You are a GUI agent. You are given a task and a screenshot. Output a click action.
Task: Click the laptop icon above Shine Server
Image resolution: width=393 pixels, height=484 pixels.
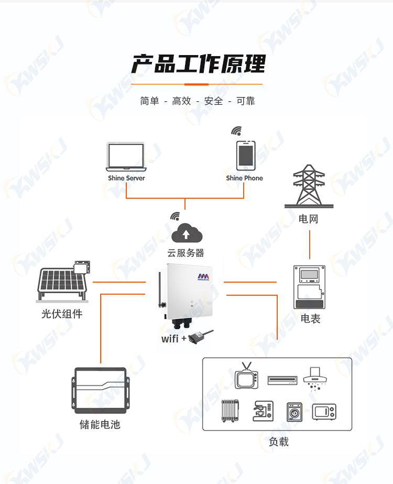126,157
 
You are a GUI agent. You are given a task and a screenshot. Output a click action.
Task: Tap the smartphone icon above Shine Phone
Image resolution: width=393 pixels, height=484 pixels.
246,156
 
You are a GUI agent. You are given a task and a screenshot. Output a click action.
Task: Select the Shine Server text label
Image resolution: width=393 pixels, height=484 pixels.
126,178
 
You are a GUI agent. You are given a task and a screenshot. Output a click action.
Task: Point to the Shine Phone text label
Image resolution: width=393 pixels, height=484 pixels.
244,178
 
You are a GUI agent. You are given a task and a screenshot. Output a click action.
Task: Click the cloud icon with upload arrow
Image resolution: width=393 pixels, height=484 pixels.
187,233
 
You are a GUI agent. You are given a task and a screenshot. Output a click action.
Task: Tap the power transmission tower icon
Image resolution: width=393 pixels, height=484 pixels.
309,186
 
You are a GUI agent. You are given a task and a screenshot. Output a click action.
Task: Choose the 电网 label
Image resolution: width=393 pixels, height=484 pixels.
308,219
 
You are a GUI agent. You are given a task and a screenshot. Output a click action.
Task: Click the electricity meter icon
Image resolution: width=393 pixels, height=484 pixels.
309,287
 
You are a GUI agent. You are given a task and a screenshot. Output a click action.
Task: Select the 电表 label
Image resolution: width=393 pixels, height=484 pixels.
310,318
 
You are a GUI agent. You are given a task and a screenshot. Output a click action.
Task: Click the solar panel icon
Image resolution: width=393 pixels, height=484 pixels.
63,281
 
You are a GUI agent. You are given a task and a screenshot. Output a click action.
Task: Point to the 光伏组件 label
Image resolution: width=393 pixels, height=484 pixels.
62,314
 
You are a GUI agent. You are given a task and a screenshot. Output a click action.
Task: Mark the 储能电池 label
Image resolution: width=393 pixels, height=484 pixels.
100,424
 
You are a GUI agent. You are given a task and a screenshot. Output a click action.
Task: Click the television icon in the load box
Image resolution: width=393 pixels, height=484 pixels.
246,376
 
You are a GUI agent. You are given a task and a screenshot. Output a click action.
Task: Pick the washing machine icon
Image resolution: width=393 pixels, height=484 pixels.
294,412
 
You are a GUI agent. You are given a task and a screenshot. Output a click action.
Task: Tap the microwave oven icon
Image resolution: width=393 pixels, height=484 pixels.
324,412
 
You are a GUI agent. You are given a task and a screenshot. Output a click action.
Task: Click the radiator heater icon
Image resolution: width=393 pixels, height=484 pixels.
230,411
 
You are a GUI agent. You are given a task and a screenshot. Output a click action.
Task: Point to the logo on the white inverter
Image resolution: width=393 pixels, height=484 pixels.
203,277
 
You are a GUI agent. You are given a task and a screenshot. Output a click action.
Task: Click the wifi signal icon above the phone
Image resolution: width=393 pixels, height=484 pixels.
237,131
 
